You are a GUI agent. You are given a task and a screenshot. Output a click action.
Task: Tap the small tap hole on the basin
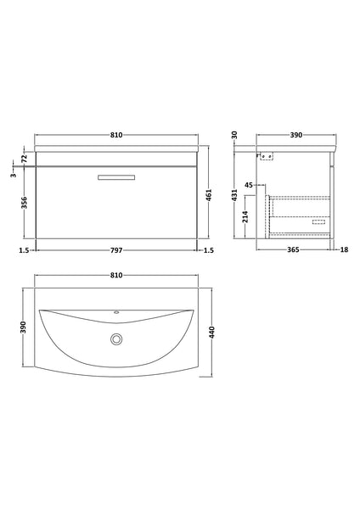coord(115,312)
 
